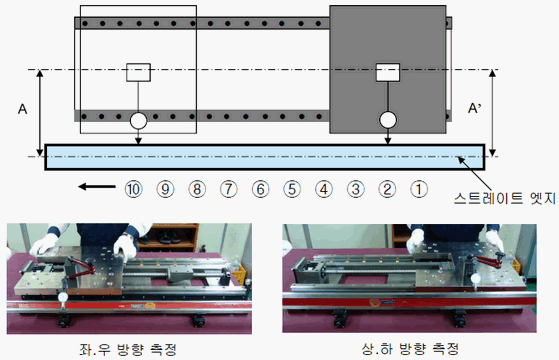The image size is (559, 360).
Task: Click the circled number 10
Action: (x=134, y=189)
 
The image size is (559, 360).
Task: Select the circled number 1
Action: (x=419, y=189)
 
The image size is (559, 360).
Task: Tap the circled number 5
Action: (x=292, y=189)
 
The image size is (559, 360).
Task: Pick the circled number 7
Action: (x=229, y=189)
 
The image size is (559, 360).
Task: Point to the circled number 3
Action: (x=355, y=189)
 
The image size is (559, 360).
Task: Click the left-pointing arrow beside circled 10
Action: (x=97, y=186)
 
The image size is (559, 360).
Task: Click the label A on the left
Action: (x=22, y=109)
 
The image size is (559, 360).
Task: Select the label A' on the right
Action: (x=475, y=108)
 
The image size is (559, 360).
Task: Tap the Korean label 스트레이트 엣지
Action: (x=504, y=198)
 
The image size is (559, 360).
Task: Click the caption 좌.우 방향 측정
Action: (x=128, y=349)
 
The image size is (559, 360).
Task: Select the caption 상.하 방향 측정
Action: (x=410, y=348)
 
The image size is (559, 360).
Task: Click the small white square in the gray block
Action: (x=388, y=72)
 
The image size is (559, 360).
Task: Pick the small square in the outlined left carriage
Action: (x=138, y=72)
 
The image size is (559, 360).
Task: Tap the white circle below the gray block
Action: (x=388, y=120)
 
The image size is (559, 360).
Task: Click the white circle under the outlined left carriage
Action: (x=138, y=120)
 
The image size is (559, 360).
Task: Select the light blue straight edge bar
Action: (x=265, y=157)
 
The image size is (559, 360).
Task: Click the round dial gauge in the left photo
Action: (x=63, y=297)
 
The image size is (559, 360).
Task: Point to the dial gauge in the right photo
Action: (x=475, y=278)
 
